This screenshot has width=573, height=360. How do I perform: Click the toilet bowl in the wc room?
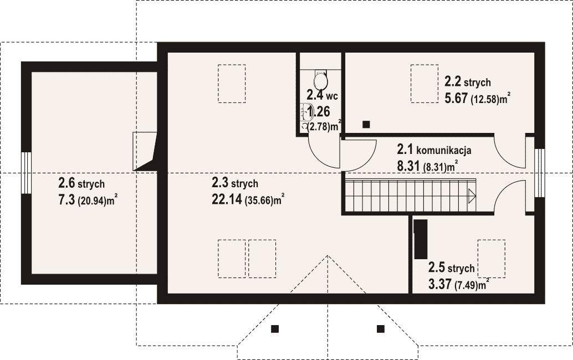click(x=320, y=79)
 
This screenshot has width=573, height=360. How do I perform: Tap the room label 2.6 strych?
click(x=81, y=183)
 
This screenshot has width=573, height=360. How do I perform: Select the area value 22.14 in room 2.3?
click(x=227, y=199)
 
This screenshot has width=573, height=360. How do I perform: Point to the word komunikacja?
click(x=444, y=150)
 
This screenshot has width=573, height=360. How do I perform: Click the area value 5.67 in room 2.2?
click(x=456, y=98)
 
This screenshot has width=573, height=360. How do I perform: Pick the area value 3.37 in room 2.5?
click(x=439, y=284)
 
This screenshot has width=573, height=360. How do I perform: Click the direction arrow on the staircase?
click(x=472, y=196)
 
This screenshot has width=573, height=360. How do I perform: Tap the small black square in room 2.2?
click(x=366, y=125)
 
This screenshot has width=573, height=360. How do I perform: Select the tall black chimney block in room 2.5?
click(x=421, y=239)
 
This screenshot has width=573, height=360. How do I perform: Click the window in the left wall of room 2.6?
click(x=26, y=173)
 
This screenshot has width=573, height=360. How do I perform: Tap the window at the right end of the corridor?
click(x=540, y=173)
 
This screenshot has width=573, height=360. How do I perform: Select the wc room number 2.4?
click(x=315, y=95)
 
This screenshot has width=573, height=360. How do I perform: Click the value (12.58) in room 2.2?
click(x=485, y=99)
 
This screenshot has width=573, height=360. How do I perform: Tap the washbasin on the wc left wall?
click(x=303, y=112)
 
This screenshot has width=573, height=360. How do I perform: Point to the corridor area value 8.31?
click(x=408, y=166)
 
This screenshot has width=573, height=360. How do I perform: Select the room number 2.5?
click(x=437, y=268)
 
